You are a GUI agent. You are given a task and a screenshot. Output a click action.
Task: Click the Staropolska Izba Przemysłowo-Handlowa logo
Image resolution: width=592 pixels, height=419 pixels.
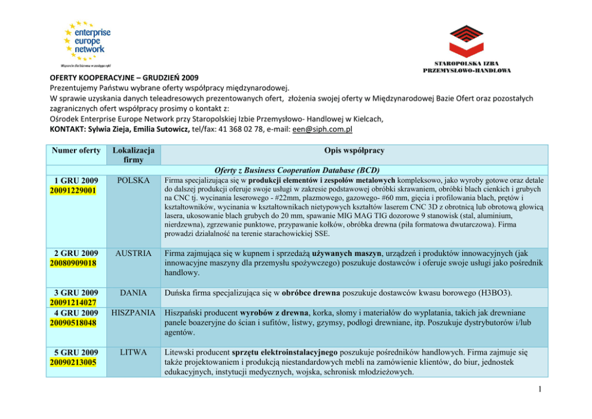coord(467,47)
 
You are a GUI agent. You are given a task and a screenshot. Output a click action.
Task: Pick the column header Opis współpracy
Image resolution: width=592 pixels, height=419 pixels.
coord(354,150)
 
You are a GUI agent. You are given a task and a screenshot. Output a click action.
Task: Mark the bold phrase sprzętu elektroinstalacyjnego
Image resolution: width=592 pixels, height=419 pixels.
coord(282,353)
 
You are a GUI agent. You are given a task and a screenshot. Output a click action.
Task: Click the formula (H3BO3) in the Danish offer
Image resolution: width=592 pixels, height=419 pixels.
coord(492,294)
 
